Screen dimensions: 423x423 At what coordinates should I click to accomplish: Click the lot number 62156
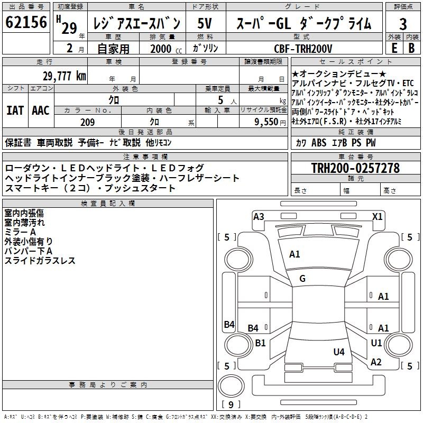26,23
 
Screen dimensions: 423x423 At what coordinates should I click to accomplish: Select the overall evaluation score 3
403,24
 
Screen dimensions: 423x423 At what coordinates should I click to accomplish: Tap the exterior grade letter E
393,47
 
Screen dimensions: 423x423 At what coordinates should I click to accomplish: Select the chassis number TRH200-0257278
355,168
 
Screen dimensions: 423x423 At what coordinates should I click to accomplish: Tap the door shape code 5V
205,23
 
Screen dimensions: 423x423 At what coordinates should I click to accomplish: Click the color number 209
88,122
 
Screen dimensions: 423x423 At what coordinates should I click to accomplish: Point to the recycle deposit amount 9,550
267,122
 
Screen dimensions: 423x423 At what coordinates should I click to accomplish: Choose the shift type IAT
15,111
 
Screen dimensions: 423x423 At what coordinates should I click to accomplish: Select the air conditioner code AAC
40,111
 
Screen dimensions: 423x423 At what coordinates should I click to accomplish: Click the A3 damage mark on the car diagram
259,216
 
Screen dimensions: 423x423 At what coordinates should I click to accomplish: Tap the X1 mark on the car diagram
378,216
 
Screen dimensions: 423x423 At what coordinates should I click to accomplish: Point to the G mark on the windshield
302,279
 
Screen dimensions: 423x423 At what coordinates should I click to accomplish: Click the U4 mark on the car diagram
339,352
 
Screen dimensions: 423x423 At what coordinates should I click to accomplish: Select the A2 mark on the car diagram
376,362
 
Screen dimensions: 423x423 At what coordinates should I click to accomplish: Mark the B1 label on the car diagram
260,343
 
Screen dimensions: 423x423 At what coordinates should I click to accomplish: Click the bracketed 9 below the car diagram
231,405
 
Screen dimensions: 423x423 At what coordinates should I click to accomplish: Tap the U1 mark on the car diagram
376,343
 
